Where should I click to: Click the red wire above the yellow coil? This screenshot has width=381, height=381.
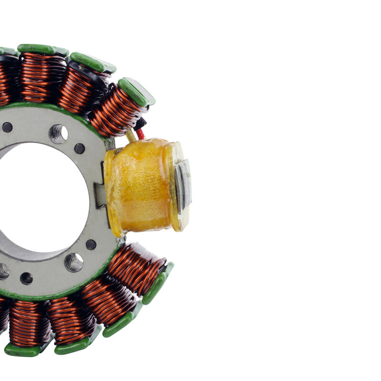coord(140,134)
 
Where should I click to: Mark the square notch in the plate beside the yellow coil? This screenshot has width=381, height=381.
coord(100,195)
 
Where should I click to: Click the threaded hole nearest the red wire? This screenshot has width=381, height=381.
coord(58,134)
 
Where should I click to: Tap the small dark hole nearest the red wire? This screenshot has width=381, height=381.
coord(80,149)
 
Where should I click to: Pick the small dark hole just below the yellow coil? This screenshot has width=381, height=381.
coord(91,245)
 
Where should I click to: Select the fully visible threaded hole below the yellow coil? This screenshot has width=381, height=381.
coord(74,262)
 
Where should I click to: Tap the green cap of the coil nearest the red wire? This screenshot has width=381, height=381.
coord(137,91)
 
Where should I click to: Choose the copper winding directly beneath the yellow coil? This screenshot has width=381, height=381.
coord(136,270)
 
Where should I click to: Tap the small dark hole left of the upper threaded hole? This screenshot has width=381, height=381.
coord(7,127)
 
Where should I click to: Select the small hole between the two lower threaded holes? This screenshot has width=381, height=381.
coord(27,278)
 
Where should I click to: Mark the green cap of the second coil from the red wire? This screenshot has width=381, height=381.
coord(93,62)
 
